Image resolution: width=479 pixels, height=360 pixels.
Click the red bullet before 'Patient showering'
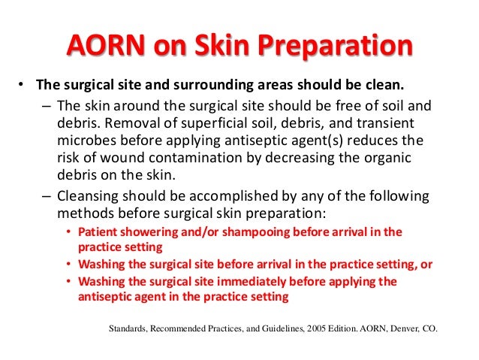point(69,232)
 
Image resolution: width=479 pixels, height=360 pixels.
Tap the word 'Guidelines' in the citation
point(259,328)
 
